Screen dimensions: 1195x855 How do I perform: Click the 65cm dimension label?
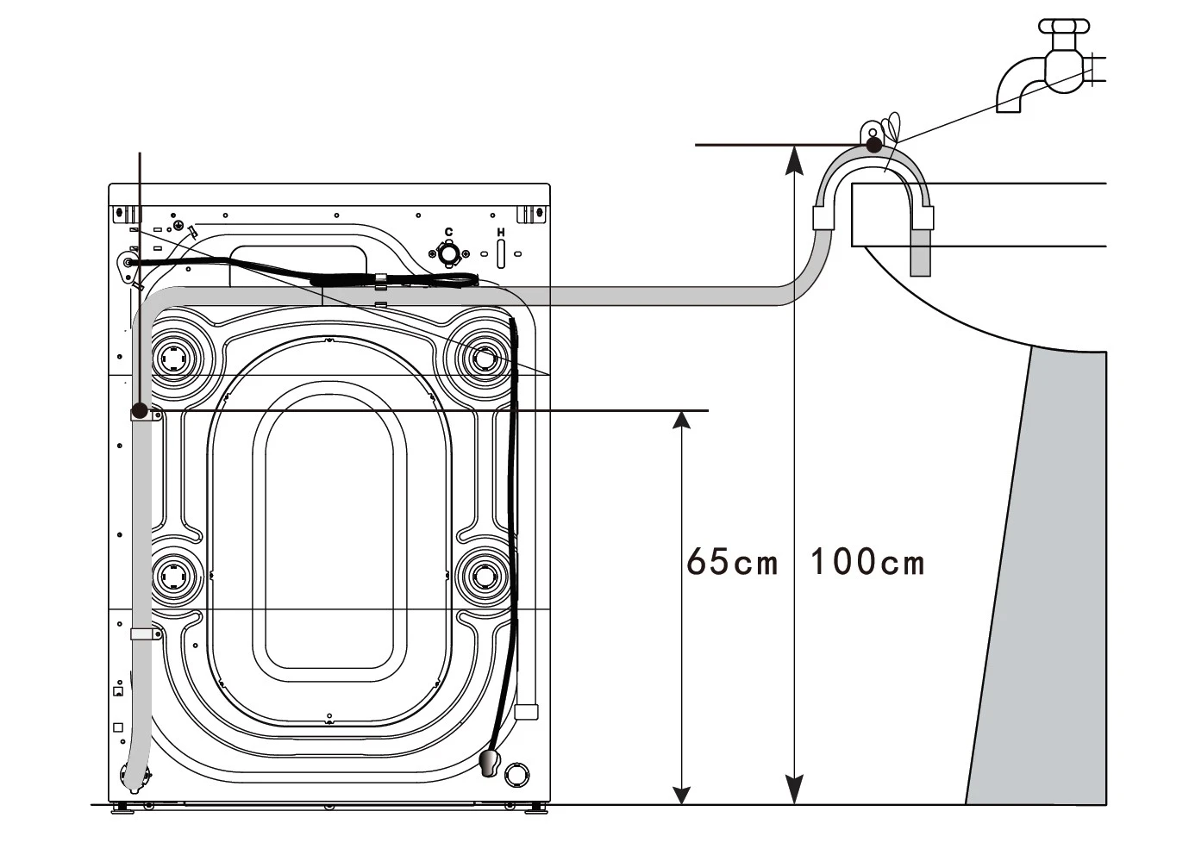pos(732,562)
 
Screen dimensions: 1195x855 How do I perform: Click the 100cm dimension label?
pos(867,562)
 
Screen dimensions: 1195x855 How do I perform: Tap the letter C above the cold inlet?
pos(448,232)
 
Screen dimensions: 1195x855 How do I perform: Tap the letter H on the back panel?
pos(500,232)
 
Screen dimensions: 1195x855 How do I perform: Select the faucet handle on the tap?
pos(1064,26)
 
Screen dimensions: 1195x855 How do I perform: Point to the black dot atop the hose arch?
pos(874,145)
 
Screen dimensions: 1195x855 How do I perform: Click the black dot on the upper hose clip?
pos(140,411)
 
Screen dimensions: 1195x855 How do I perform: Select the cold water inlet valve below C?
pos(449,254)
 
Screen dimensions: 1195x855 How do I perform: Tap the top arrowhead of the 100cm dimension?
pos(794,160)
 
